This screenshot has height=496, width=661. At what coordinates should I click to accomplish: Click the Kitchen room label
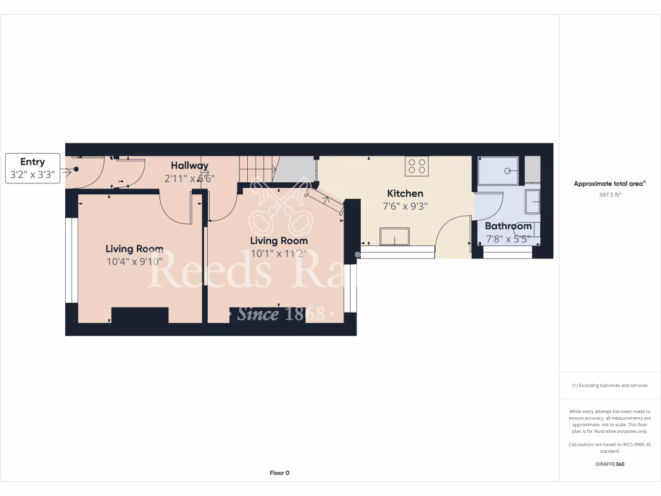pyautogui.click(x=405, y=193)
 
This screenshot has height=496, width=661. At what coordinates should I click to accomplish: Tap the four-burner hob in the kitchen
pyautogui.click(x=416, y=166)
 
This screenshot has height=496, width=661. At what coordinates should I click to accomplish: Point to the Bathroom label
pyautogui.click(x=508, y=226)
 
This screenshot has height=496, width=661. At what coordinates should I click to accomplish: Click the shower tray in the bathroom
pyautogui.click(x=498, y=171)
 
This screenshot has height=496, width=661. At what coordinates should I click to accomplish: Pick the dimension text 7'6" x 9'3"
pyautogui.click(x=405, y=206)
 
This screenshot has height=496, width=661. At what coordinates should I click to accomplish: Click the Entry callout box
pyautogui.click(x=33, y=168)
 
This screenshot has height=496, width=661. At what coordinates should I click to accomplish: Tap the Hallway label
pyautogui.click(x=189, y=166)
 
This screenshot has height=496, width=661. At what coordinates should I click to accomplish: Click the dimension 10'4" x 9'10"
pyautogui.click(x=134, y=262)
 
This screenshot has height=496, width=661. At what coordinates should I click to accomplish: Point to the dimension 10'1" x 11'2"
pyautogui.click(x=279, y=254)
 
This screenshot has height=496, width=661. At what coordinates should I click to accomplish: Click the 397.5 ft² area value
pyautogui.click(x=609, y=194)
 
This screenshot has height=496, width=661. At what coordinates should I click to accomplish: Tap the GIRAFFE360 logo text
pyautogui.click(x=609, y=464)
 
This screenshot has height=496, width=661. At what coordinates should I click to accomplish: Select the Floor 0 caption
pyautogui.click(x=279, y=473)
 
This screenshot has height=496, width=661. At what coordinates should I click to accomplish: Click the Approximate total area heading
pyautogui.click(x=609, y=184)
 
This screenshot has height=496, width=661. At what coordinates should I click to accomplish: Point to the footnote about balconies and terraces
pyautogui.click(x=609, y=386)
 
